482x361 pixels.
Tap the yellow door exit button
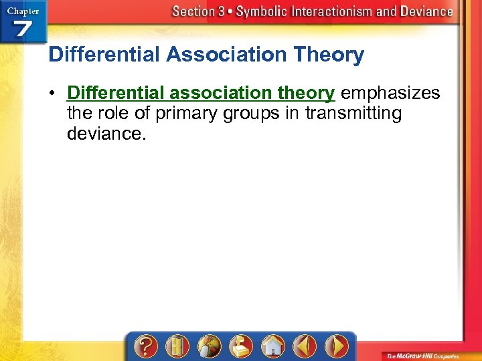pyautogui.click(x=177, y=346)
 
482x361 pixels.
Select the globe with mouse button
pyautogui.click(x=209, y=346)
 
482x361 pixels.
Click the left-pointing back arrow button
pyautogui.click(x=305, y=346)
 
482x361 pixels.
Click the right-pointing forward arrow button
pyautogui.click(x=337, y=346)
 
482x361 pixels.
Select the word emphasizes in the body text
pyautogui.click(x=390, y=93)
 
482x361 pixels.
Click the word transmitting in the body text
pyautogui.click(x=353, y=114)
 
